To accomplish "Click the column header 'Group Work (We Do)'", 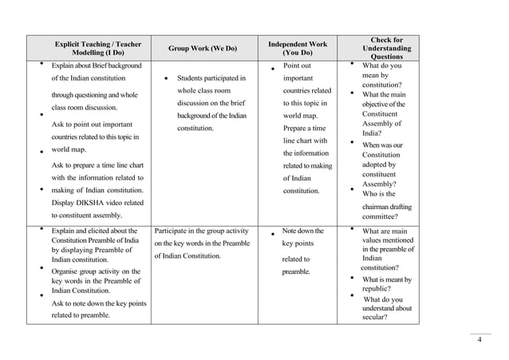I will (x=202, y=48).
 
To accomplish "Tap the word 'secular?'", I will (x=375, y=317).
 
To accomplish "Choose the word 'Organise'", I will (x=69, y=271).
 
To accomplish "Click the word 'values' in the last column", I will (x=377, y=240).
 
